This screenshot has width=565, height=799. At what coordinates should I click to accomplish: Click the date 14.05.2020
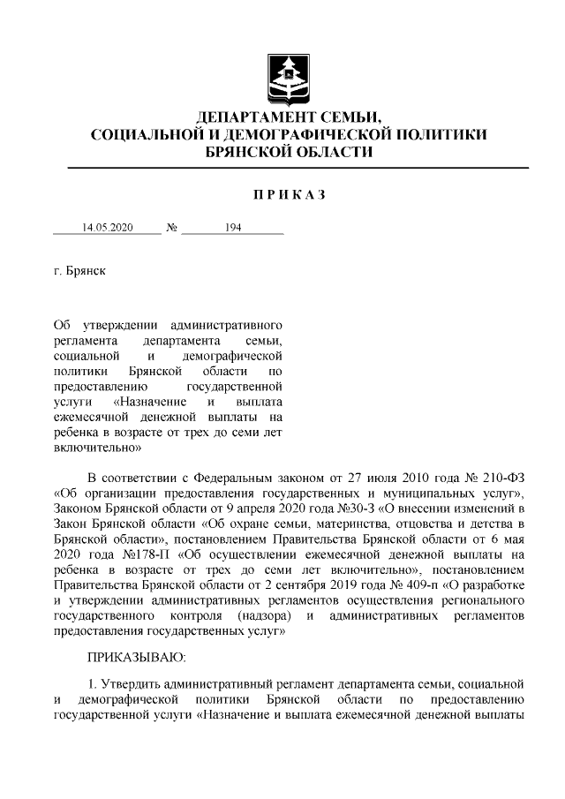tap(107, 227)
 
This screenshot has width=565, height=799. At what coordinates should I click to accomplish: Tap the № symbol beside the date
tap(172, 227)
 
